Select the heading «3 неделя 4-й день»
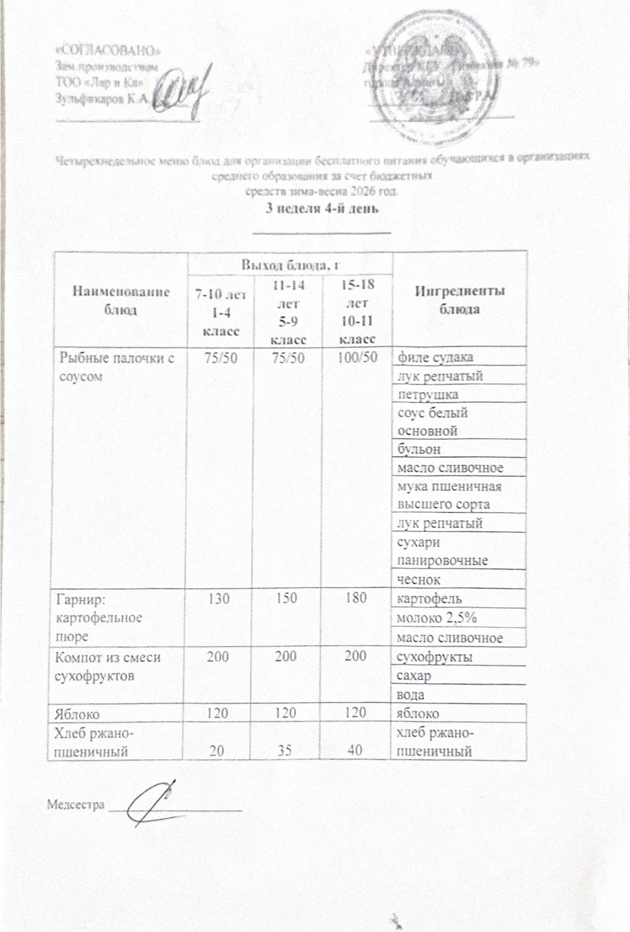(x=322, y=209)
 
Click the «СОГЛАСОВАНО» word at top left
(x=108, y=48)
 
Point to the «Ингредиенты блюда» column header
(x=459, y=299)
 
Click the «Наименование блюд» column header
(x=121, y=299)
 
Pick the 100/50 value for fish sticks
(x=357, y=356)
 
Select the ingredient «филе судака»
(x=435, y=356)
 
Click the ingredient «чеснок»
(x=418, y=579)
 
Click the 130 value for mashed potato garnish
(x=219, y=598)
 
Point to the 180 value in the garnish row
(x=355, y=598)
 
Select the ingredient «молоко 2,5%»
(x=437, y=618)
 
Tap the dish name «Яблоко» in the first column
(x=77, y=714)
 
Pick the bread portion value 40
(x=354, y=750)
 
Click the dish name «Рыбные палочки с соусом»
(x=117, y=366)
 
